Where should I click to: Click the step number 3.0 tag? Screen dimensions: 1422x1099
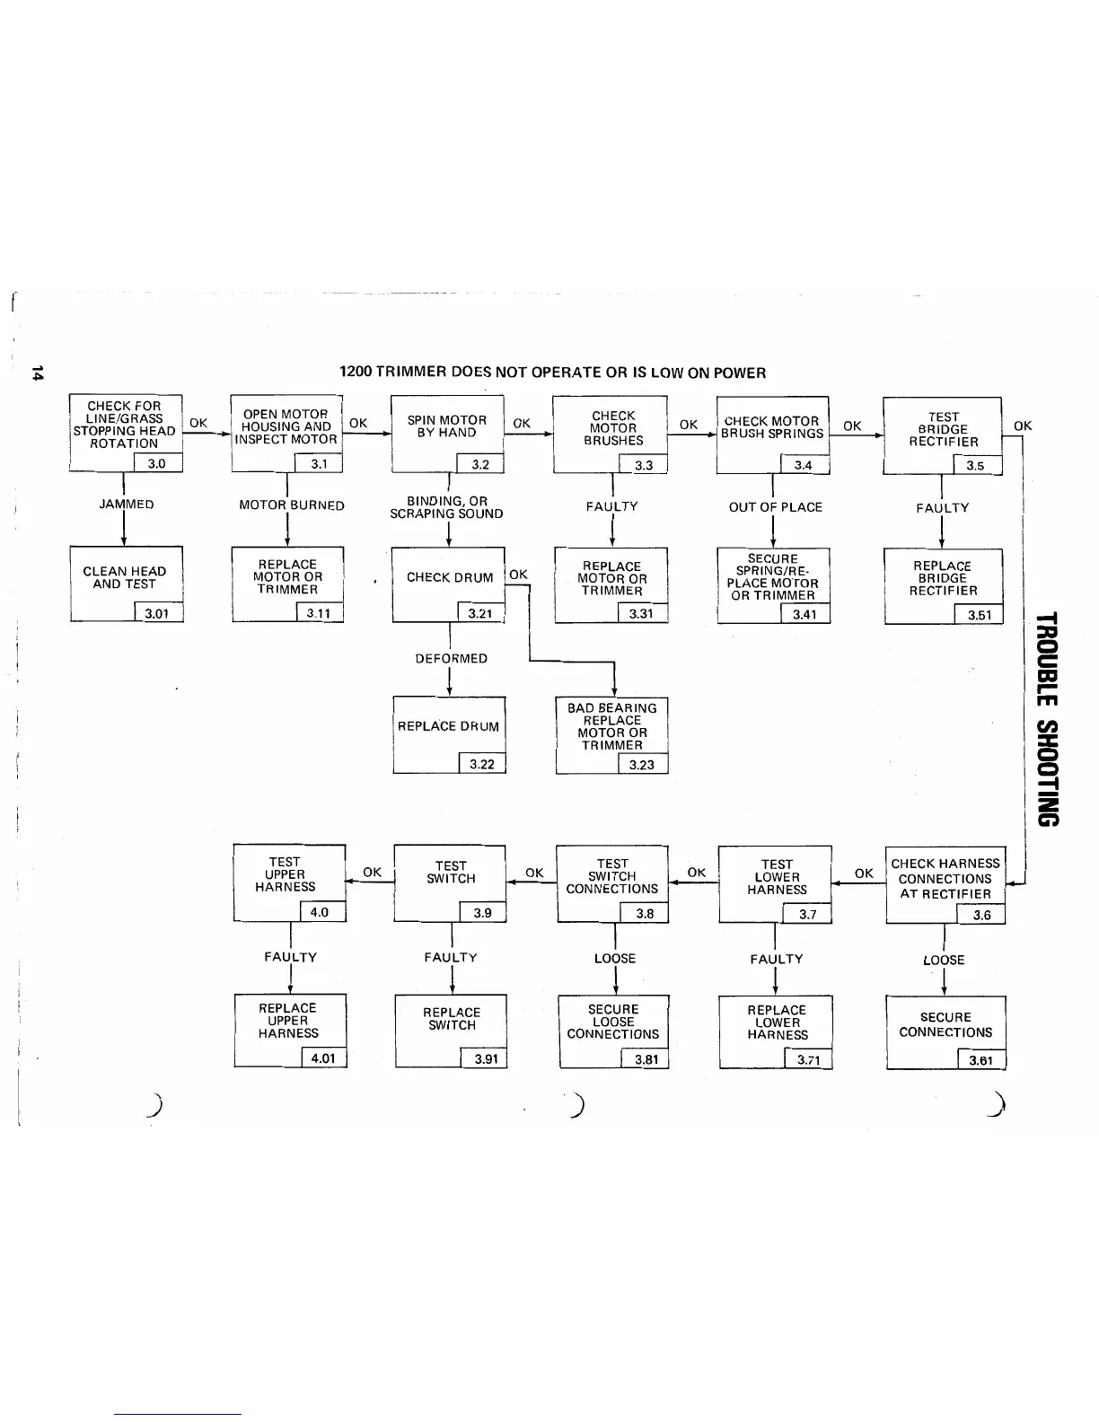click(x=157, y=463)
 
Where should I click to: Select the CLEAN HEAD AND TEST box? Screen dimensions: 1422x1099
click(x=126, y=582)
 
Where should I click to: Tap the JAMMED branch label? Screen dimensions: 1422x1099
click(x=127, y=505)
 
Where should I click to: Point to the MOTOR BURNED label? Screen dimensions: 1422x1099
click(x=292, y=505)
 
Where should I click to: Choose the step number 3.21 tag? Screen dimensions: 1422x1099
click(x=481, y=614)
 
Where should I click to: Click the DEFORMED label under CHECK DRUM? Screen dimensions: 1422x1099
click(x=452, y=659)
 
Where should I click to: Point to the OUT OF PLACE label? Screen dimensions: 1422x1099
click(x=776, y=507)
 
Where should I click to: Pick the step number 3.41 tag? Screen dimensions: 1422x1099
click(x=804, y=614)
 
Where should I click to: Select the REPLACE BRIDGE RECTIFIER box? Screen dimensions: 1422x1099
click(x=943, y=584)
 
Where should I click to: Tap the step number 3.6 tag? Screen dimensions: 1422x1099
click(x=981, y=915)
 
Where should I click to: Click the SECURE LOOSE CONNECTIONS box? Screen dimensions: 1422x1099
click(x=613, y=1029)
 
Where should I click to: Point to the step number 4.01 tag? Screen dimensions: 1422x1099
click(x=322, y=1058)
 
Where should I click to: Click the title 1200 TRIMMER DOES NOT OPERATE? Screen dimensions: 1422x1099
click(x=552, y=373)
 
